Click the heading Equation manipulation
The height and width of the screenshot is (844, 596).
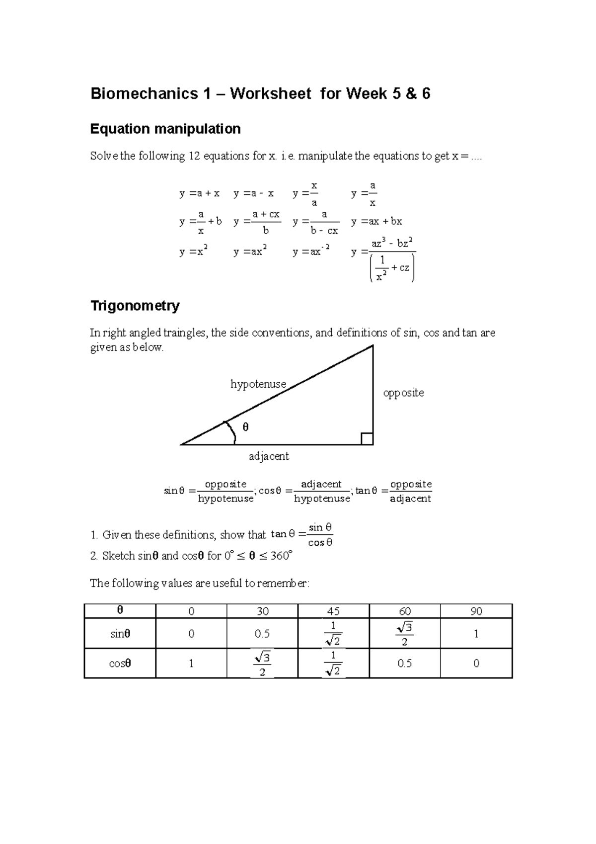(x=165, y=129)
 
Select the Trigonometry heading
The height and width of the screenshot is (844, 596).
(x=134, y=305)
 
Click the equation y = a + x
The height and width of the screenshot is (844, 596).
(x=199, y=193)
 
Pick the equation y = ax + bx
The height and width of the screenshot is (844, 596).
(x=376, y=222)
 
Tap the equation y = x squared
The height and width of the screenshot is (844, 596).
(x=193, y=252)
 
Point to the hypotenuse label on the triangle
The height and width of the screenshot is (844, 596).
(x=258, y=384)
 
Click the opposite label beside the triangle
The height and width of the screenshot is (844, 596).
(x=403, y=393)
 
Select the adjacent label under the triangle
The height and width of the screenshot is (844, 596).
(x=269, y=456)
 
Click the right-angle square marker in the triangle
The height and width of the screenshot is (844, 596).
(x=367, y=439)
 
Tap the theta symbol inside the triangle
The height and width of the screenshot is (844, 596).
(x=245, y=427)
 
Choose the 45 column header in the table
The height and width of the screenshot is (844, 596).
(x=333, y=611)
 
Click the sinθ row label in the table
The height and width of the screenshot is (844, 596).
(x=120, y=634)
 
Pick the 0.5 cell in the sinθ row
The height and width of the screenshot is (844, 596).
(x=262, y=634)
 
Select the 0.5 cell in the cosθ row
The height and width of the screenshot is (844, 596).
(x=404, y=663)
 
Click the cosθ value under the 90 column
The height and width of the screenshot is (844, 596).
(x=476, y=663)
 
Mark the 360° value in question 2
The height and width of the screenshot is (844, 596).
(x=281, y=556)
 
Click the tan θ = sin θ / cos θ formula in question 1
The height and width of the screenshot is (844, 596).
(x=302, y=535)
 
